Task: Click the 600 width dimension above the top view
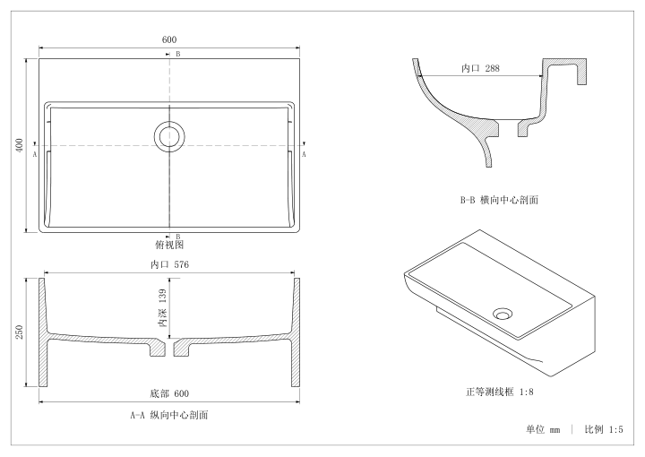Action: point(169,39)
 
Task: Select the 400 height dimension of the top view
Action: point(20,145)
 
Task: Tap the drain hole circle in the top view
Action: point(169,136)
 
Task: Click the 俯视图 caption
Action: point(169,245)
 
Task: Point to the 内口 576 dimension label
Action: point(169,264)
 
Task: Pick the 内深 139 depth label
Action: point(162,307)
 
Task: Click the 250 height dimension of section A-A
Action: point(20,332)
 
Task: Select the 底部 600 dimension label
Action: point(169,393)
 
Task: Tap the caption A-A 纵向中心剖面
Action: point(169,415)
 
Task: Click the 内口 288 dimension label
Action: point(480,68)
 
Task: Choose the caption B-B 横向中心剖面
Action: point(499,201)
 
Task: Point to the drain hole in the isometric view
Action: point(503,314)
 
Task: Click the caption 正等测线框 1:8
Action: point(499,392)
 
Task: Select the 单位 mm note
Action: point(543,430)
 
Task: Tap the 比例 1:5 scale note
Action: point(604,430)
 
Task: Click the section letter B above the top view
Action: point(178,54)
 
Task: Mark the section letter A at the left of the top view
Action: point(35,154)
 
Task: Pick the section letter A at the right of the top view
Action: point(304,154)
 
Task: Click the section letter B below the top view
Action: point(178,237)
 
